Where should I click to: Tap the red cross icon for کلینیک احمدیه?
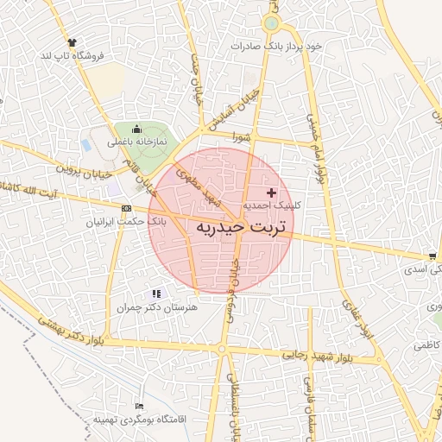(x=272, y=192)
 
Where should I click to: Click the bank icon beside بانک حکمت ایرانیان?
(x=128, y=208)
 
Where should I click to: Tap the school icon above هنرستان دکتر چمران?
(x=156, y=294)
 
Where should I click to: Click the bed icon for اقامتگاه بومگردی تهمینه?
(x=140, y=406)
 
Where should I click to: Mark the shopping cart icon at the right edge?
(x=431, y=256)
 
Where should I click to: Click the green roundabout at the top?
(x=272, y=23)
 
